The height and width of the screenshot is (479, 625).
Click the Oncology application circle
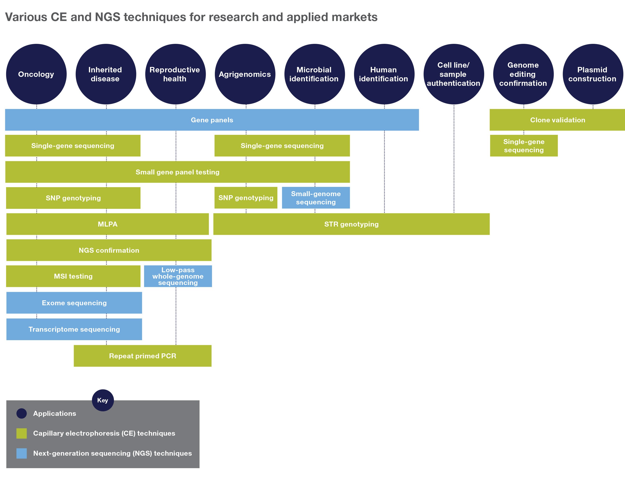36,74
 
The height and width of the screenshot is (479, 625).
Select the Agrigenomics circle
245,74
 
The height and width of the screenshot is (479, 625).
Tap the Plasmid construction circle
593,74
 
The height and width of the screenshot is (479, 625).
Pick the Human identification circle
384,74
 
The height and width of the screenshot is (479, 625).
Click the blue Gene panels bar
212,120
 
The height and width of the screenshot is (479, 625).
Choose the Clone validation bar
557,120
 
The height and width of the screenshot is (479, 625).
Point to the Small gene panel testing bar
177,172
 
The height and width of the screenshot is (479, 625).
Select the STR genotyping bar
351,224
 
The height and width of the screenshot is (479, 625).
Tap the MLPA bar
108,224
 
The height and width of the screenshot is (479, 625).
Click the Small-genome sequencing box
316,198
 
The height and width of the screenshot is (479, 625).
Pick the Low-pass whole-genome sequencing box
178,276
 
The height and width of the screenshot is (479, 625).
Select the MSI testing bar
73,276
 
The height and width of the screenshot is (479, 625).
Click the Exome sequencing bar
74,303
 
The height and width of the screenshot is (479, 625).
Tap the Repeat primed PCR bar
143,356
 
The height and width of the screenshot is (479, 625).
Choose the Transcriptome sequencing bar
74,329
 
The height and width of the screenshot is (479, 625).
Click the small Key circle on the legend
103,400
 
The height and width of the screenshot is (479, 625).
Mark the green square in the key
22,433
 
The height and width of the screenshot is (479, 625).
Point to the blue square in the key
22,453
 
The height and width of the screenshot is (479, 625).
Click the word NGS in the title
108,17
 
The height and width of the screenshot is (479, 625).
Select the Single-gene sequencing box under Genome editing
524,146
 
